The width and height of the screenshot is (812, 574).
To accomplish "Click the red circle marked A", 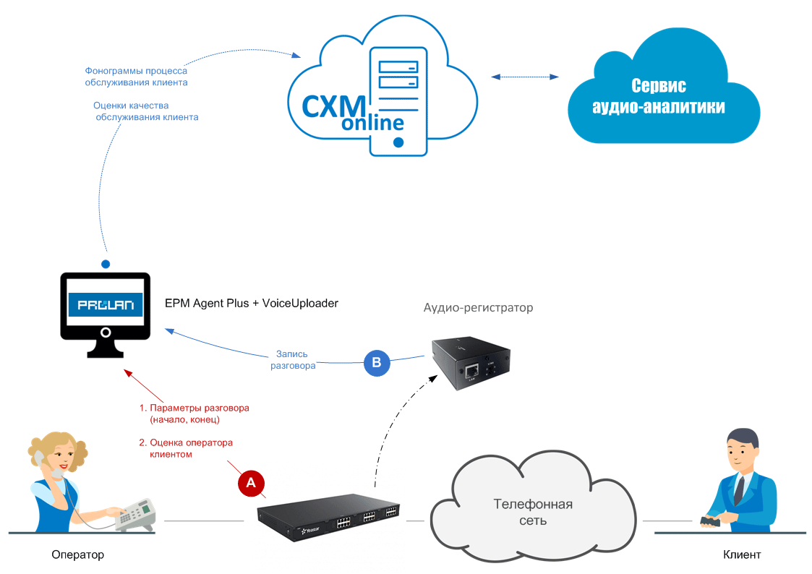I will coord(251,483).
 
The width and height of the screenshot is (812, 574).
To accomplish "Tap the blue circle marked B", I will coord(376,362).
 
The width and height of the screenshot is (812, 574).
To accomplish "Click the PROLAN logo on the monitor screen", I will coord(105,304).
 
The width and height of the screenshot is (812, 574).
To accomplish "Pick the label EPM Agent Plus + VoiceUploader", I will coord(252,304).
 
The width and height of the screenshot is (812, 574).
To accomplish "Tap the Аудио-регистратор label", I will coord(478,308).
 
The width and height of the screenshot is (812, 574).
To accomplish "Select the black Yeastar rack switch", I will coord(329,515).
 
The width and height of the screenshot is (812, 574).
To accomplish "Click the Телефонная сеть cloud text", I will coord(533,512).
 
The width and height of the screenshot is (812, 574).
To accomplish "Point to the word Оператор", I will coord(78,555).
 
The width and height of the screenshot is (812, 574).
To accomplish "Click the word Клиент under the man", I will coord(742,555).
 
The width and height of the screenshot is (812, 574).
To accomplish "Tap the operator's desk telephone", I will coord(135,515).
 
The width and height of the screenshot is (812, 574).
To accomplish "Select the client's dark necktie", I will coord(739,489).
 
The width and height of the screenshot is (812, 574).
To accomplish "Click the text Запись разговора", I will coord(292,360).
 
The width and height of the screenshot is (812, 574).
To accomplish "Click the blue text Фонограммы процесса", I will coord(136,71).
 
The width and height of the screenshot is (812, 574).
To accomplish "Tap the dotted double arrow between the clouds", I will coord(525,77).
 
